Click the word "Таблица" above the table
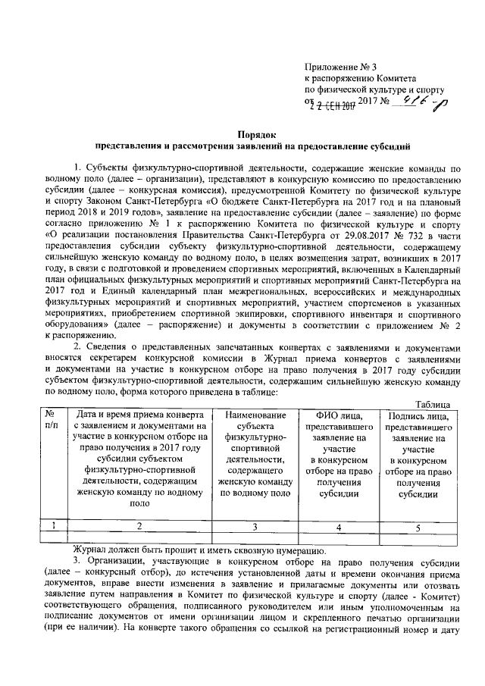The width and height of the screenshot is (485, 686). [436, 405]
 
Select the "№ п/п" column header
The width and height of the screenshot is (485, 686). [49, 421]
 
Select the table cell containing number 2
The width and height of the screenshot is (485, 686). [139, 526]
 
